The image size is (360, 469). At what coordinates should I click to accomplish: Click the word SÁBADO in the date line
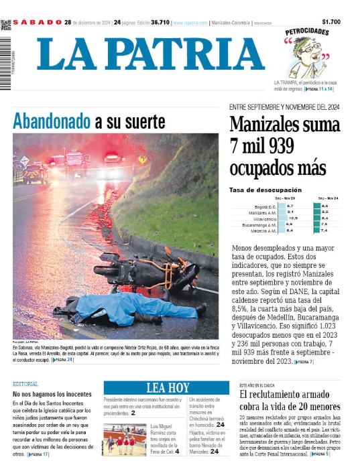coord(38,22)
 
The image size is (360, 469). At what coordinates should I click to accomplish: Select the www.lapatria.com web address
coord(190,23)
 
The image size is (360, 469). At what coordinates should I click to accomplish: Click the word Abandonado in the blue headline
coord(52,122)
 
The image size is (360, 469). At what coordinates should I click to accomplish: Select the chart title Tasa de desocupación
coord(265,190)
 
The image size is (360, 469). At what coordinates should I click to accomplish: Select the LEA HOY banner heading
coord(168,387)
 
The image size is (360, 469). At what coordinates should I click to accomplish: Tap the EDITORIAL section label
coord(25,384)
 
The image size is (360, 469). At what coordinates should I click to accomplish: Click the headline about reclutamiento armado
coord(290,401)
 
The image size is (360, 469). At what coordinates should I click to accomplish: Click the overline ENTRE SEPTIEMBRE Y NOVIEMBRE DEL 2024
coord(285,107)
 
